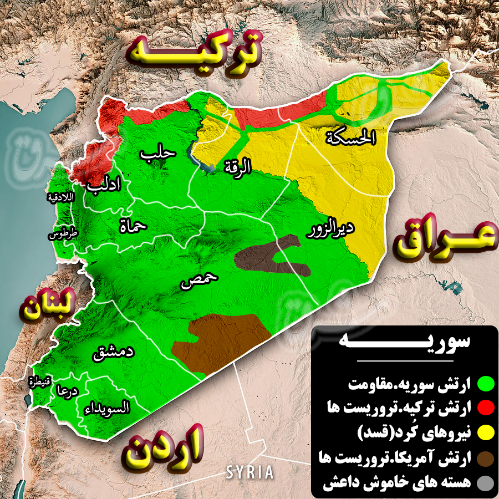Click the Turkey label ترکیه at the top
(194, 49)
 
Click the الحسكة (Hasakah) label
(351, 137)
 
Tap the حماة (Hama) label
(133, 225)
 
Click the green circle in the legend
(486, 383)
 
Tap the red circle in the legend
(486, 408)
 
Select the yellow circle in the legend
(486, 433)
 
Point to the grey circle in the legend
(486, 483)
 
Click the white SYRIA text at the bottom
(249, 472)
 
